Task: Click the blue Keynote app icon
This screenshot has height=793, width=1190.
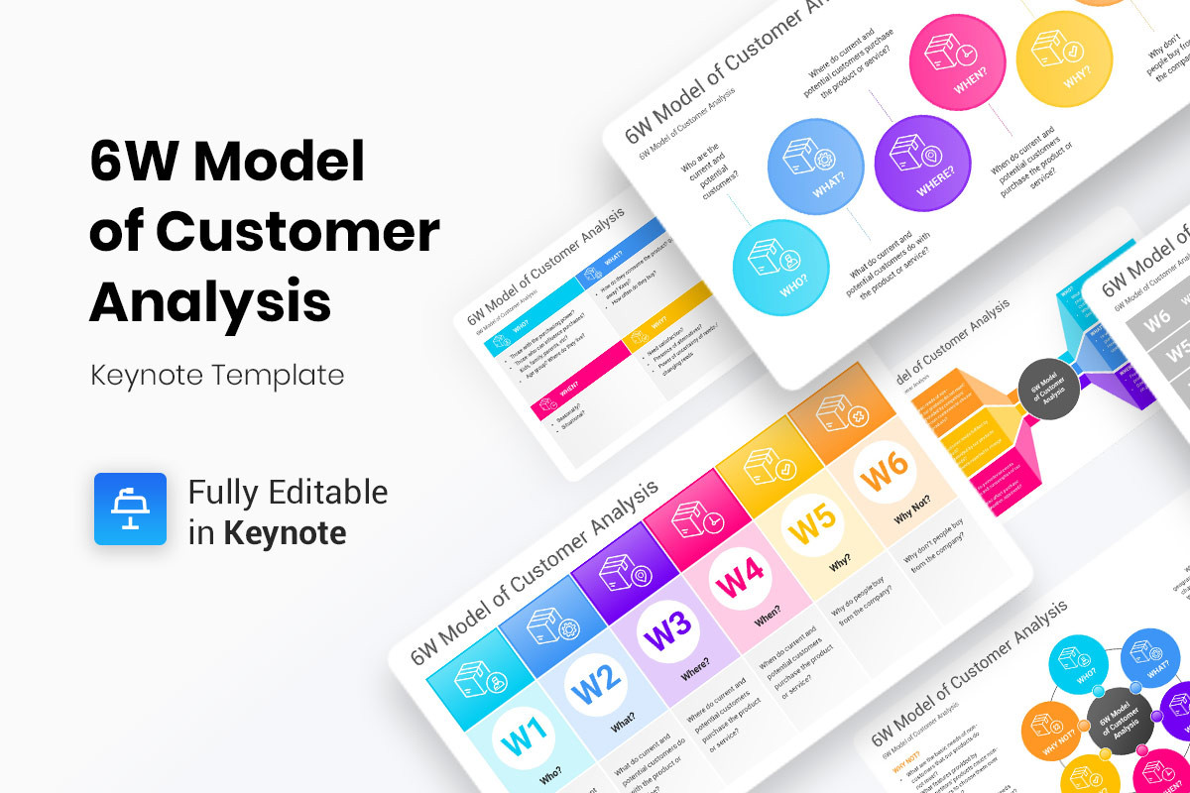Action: (130, 509)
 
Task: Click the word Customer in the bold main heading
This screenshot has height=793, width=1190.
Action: (297, 233)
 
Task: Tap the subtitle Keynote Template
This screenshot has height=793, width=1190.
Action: (217, 376)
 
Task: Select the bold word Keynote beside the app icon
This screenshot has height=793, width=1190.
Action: (285, 533)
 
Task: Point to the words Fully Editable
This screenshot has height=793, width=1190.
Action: (288, 492)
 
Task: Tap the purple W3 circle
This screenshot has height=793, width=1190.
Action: (671, 631)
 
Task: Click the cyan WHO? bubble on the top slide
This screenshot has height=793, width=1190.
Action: (780, 268)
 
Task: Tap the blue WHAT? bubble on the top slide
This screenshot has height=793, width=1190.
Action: (817, 167)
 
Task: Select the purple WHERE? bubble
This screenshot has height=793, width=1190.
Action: (922, 162)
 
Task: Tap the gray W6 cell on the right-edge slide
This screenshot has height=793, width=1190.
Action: (1158, 319)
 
